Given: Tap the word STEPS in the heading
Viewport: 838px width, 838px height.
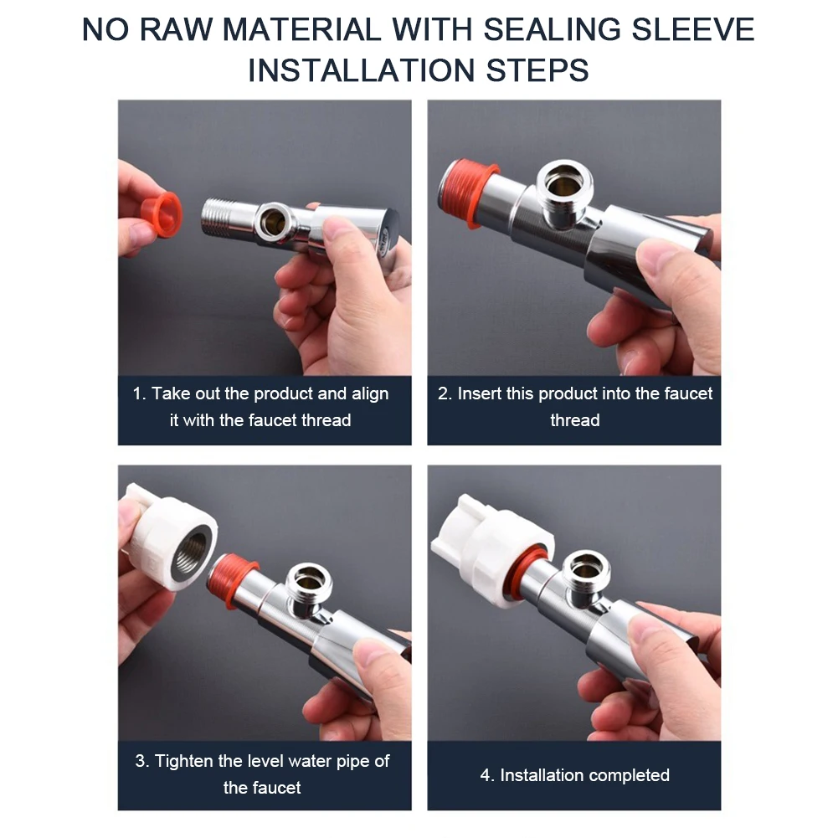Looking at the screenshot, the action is click(537, 70).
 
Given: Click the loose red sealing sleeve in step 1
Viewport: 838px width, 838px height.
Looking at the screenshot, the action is click(161, 214).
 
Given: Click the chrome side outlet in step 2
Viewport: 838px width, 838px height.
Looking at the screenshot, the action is click(564, 190).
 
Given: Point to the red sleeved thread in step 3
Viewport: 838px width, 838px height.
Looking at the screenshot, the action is click(230, 580).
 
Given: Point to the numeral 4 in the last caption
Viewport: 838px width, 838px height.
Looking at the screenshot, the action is click(486, 775).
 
